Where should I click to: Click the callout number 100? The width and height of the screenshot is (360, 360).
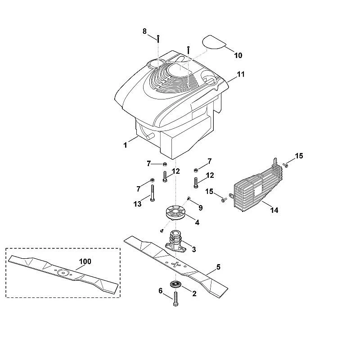point(85,261)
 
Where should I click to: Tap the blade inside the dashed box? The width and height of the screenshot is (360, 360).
point(63,274)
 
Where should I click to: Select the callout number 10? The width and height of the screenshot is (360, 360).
point(238,55)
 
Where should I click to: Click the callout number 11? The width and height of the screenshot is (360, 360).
point(241,74)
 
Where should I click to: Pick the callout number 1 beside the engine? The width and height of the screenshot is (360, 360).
point(125,145)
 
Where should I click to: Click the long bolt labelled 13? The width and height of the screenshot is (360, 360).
point(153,193)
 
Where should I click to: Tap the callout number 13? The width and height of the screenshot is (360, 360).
point(138,204)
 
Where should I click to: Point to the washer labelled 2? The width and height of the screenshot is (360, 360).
point(176,284)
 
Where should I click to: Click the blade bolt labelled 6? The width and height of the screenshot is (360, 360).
point(175,299)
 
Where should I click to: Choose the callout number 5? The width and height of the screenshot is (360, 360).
point(218,267)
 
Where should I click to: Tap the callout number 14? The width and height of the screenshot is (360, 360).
point(274,210)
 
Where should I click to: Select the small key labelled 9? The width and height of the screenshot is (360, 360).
point(189,198)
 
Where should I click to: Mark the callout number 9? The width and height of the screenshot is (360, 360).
point(201,208)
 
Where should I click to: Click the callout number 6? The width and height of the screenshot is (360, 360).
point(161,291)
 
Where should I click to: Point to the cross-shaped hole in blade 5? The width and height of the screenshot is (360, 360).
point(176,265)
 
